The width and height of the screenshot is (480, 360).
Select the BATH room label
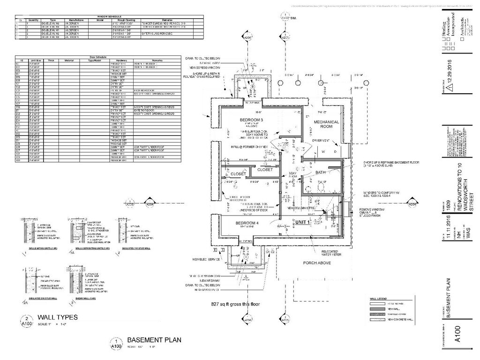(321, 172)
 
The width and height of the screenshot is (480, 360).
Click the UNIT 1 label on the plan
(303, 222)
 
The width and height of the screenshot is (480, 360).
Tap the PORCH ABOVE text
(316, 262)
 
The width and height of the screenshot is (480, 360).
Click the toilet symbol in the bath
(321, 187)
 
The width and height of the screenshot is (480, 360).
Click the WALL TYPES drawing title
(58, 317)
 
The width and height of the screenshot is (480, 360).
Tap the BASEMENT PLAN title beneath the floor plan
(154, 340)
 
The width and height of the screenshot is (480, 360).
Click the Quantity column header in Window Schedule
(33, 20)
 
